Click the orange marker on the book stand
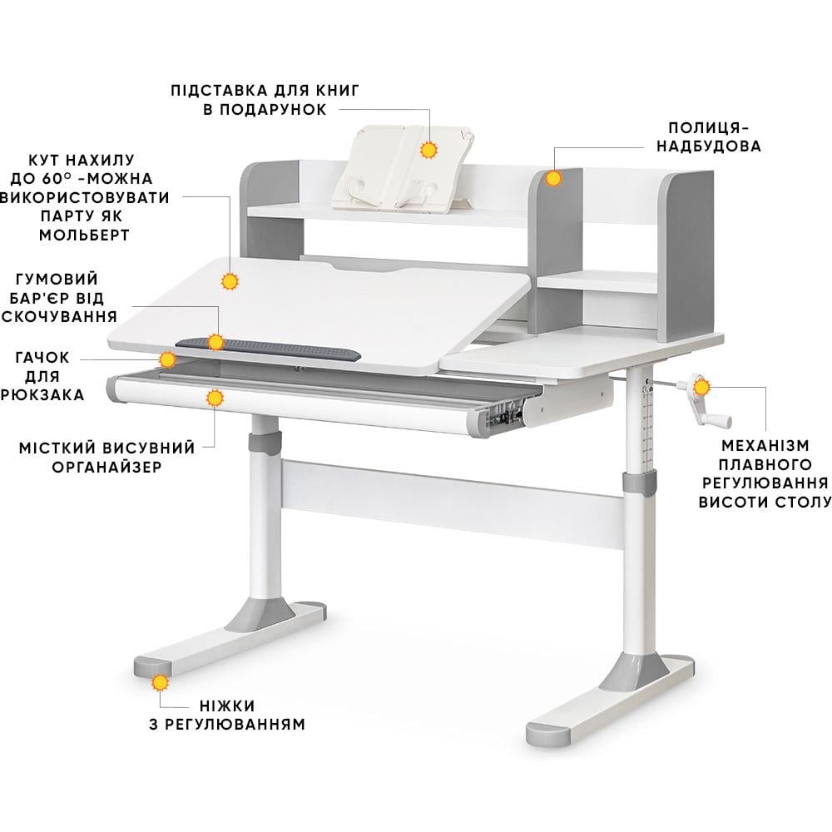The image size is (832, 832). tap(429, 151)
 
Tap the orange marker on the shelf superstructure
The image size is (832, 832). tap(552, 177)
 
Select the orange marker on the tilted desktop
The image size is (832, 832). tap(230, 281)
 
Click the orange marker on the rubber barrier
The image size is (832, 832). tap(216, 341)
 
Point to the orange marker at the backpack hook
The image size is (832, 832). tap(167, 359)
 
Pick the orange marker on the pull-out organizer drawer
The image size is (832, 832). tap(215, 398)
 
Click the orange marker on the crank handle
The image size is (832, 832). tap(701, 387)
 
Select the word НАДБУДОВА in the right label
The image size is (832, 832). tap(707, 146)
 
